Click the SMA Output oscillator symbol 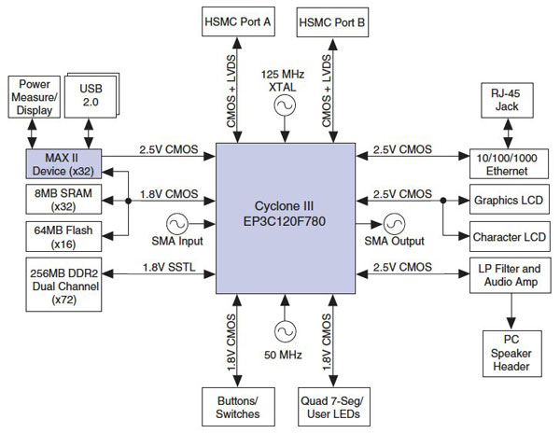(394, 223)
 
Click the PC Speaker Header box (509, 354)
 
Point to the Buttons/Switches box (236, 408)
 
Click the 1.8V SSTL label (167, 267)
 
